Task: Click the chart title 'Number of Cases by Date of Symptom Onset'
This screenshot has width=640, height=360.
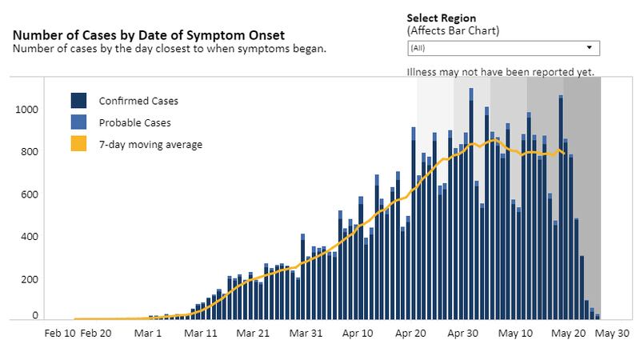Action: tap(149, 35)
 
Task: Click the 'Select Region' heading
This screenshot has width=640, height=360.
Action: tap(442, 18)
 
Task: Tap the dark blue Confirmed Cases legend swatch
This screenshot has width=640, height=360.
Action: tap(79, 101)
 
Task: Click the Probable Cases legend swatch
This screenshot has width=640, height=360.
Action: tap(79, 123)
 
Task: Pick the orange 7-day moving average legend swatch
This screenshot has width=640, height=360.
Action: tap(79, 145)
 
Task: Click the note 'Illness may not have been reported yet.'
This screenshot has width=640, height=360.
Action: tap(501, 71)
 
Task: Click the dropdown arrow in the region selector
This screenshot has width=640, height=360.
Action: tap(589, 48)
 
